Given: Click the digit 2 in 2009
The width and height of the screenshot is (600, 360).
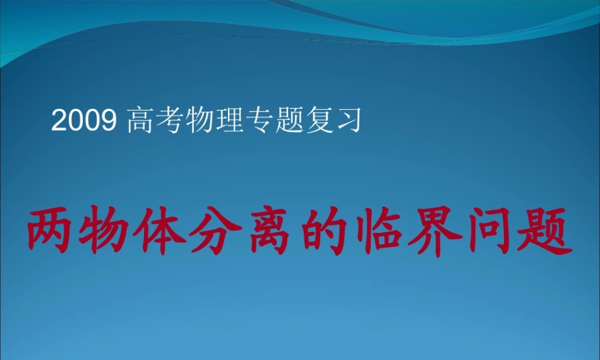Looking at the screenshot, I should [59, 122].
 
